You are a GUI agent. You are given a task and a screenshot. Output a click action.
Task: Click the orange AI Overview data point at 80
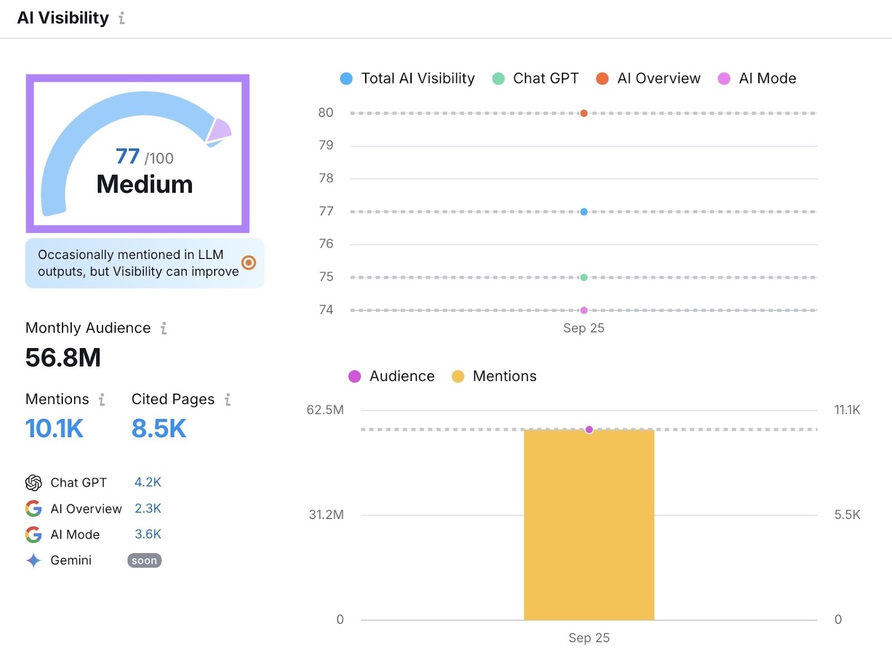pos(584,113)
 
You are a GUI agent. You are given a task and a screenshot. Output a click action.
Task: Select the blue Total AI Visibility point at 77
pos(584,212)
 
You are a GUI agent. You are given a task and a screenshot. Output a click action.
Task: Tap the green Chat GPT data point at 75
pos(584,277)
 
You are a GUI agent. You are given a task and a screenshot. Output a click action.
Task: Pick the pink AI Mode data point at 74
pos(584,310)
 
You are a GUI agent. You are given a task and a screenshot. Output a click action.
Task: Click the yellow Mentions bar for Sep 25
pos(589,529)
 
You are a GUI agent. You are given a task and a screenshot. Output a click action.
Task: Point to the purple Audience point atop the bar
pos(589,429)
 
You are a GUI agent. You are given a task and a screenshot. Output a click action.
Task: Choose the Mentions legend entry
pos(494,376)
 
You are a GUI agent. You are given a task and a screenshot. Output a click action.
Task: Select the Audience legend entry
pos(391,376)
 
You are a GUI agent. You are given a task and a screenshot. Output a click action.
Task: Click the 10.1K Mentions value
pos(54,429)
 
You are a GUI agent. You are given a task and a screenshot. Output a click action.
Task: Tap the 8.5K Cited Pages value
pos(159,429)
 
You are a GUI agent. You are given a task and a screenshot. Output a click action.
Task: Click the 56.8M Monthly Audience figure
pos(63,358)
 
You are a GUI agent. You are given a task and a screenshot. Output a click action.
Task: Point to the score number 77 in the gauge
pos(128,157)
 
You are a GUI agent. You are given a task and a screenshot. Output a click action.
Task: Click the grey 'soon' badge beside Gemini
pos(144,560)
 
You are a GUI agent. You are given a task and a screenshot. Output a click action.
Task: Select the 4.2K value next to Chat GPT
pos(148,482)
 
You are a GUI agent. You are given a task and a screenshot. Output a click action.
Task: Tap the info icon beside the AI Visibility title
pos(122,18)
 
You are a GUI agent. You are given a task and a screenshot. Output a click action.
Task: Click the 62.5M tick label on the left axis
pos(325,410)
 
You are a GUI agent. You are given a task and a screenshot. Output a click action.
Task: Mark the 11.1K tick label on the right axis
pos(847,410)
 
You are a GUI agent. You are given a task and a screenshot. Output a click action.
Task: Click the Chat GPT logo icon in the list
pos(33,483)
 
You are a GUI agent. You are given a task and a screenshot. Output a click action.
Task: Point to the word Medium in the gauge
pos(144,184)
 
